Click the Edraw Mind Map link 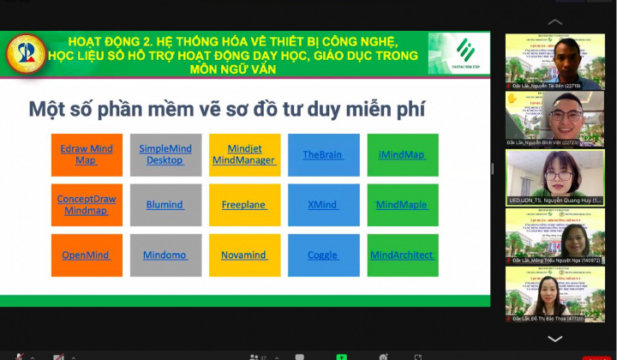point(87,154)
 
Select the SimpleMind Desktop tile point(165,154)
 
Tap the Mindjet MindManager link point(244,154)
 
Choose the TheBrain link point(322,155)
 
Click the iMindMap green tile point(402,155)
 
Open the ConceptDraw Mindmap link point(87,204)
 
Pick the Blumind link point(165,205)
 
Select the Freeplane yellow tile point(244,205)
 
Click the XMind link point(322,205)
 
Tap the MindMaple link point(402,205)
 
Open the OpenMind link point(87,255)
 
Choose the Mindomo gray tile point(165,255)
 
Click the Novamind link point(244,255)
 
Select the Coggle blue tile point(322,255)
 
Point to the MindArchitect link point(402,255)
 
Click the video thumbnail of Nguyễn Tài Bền point(555,62)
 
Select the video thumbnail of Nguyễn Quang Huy point(555,177)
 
